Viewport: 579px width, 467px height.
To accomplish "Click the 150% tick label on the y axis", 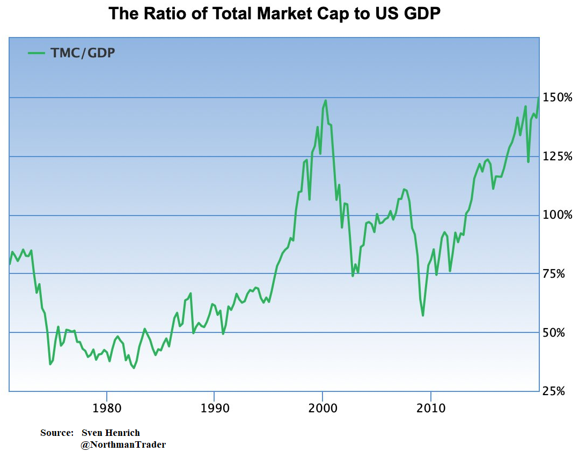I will pyautogui.click(x=558, y=98).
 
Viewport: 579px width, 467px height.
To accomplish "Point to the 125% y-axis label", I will pyautogui.click(x=558, y=157).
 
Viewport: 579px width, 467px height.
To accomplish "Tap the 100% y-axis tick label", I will pyautogui.click(x=558, y=215).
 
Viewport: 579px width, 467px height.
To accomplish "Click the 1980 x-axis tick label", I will pyautogui.click(x=107, y=409).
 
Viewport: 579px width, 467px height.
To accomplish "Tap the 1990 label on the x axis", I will pyautogui.click(x=214, y=409).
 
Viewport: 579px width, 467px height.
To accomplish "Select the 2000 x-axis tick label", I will pyautogui.click(x=323, y=409).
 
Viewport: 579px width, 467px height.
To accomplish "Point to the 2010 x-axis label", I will pyautogui.click(x=431, y=409).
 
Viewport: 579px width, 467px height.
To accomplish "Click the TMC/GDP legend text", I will pyautogui.click(x=83, y=53).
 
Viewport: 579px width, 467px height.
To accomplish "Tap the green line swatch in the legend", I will pyautogui.click(x=36, y=53).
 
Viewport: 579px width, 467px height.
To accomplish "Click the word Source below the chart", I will pyautogui.click(x=56, y=433).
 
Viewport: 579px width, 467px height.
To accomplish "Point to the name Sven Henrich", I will pyautogui.click(x=111, y=433).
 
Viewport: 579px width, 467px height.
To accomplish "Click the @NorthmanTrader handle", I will pyautogui.click(x=123, y=444).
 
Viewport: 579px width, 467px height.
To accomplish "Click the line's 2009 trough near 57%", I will pyautogui.click(x=423, y=315).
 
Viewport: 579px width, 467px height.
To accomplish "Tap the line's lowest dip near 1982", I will pyautogui.click(x=134, y=368).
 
